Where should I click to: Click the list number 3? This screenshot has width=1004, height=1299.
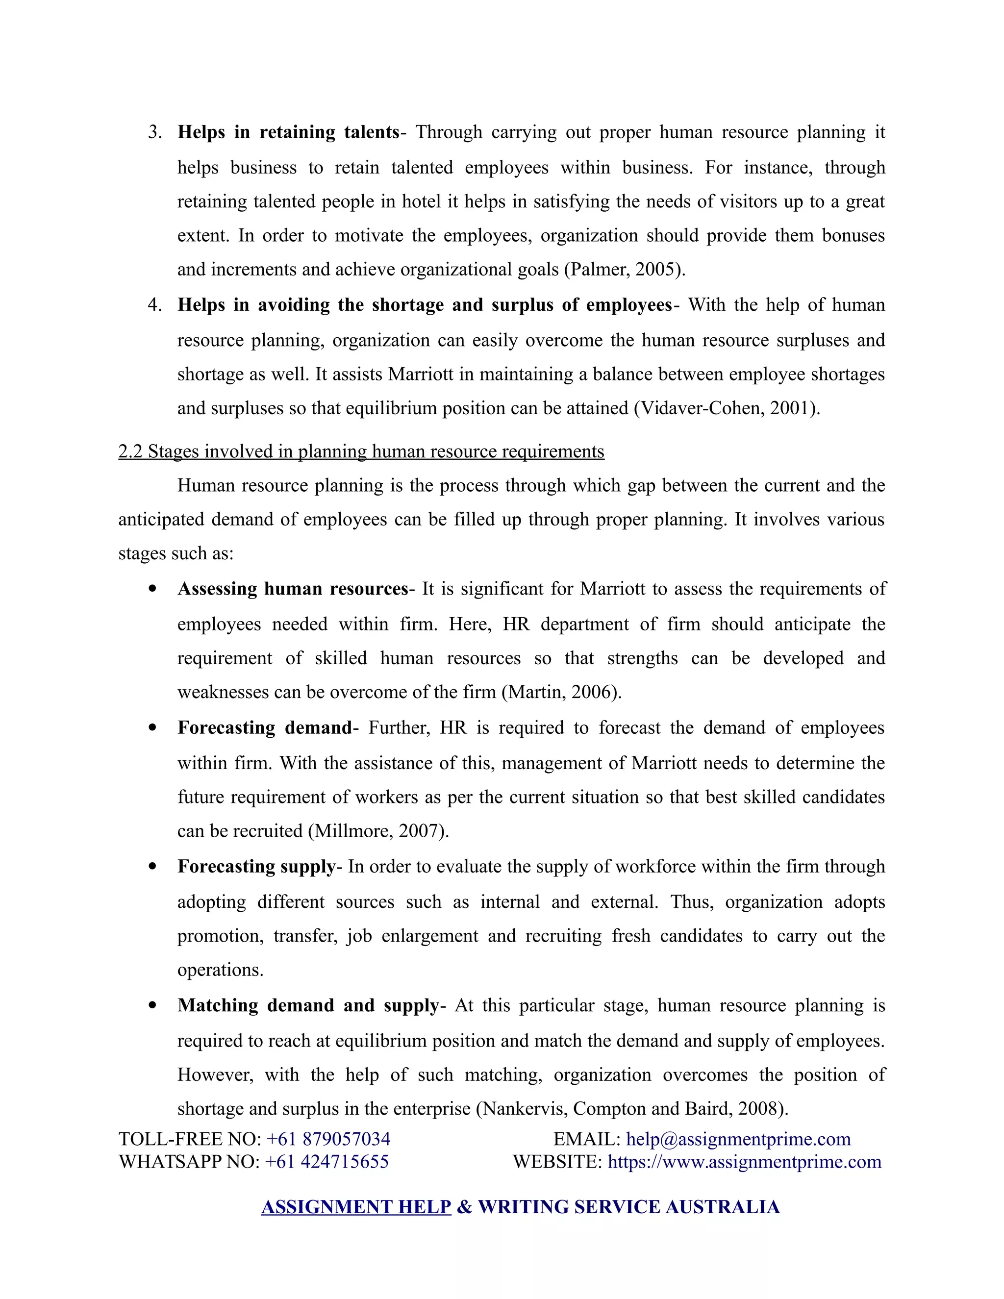[154, 132]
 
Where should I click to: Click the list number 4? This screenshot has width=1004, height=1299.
[154, 305]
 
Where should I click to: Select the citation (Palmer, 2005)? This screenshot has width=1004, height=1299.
[625, 270]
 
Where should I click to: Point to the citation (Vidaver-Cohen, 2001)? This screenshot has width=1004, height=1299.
[727, 409]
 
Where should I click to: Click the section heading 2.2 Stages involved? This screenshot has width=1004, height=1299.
[361, 451]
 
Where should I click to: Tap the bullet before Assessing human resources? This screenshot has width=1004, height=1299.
[153, 589]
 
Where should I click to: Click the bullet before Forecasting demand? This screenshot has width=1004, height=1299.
[153, 727]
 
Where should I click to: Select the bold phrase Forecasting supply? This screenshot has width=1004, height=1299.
[256, 867]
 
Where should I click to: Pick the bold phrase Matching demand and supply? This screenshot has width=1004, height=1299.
[308, 1005]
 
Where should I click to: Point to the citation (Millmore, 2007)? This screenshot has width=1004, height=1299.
[378, 831]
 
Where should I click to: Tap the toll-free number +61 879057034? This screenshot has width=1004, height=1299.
[328, 1139]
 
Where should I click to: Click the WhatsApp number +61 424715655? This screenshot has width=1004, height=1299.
[326, 1162]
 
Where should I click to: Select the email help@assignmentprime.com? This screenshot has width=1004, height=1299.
[738, 1139]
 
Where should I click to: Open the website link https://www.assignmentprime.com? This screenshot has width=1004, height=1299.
[744, 1162]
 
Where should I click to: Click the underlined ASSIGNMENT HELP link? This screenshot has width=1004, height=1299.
[356, 1207]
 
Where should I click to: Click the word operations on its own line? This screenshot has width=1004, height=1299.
[220, 970]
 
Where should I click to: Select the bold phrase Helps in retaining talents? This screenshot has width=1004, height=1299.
[288, 132]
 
